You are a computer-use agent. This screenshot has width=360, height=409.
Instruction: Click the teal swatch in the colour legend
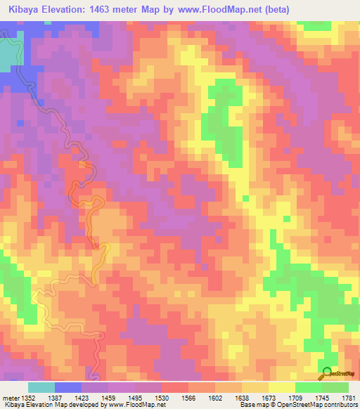coord(41,387)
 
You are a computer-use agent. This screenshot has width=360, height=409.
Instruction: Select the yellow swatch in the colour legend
coord(282,387)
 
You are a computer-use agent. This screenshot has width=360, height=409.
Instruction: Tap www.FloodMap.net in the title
coord(220,9)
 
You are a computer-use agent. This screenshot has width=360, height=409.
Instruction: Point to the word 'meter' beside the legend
coord(10,397)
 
